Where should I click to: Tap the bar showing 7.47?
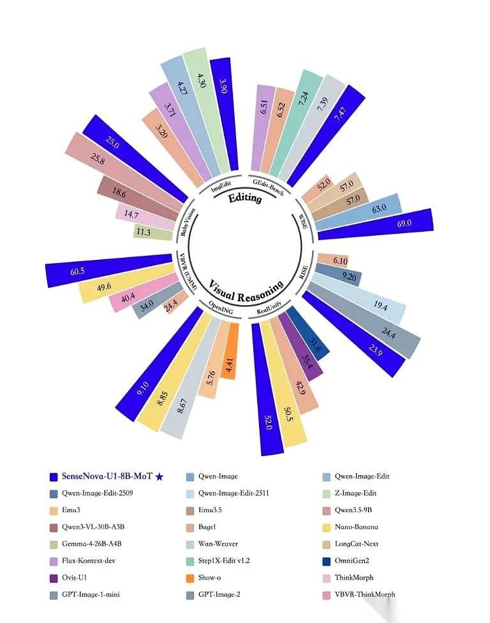tap(327, 135)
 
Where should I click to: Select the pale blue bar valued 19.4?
tap(358, 296)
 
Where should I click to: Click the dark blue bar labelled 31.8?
tap(309, 333)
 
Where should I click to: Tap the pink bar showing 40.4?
tap(144, 292)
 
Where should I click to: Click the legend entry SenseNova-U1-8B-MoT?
tap(107, 476)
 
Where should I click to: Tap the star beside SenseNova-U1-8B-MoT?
tap(160, 476)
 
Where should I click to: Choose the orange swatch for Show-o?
tap(190, 578)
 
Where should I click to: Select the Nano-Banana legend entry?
tap(350, 527)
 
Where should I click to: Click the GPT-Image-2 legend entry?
tap(213, 595)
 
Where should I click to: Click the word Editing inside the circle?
tap(245, 197)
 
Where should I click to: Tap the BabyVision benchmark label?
tap(188, 222)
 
